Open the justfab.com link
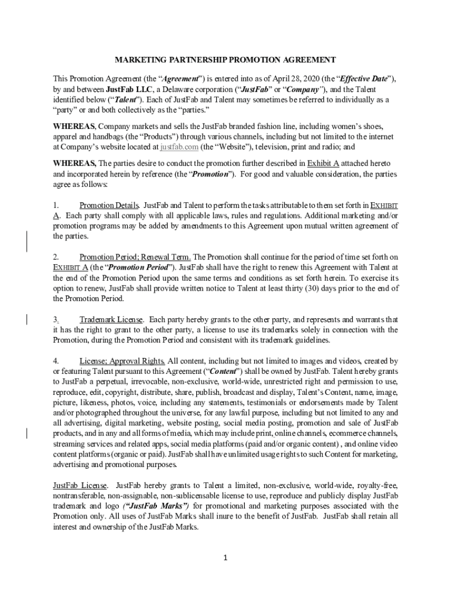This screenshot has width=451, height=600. tap(179, 147)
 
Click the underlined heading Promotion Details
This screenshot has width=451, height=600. tap(109, 206)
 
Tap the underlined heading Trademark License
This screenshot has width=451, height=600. tap(111, 319)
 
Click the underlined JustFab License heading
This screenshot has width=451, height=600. tap(80, 485)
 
